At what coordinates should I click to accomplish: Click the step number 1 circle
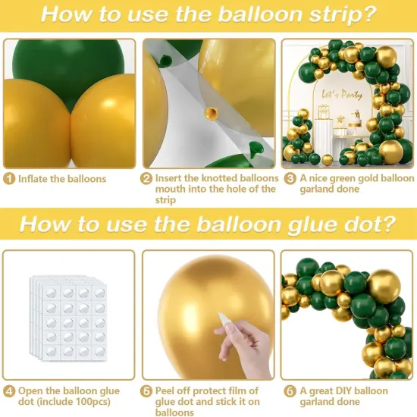point(8,179)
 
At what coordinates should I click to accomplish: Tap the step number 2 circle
point(146,179)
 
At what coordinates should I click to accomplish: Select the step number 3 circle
point(288,179)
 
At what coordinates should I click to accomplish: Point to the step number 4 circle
point(8,391)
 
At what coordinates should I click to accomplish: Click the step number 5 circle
point(146,391)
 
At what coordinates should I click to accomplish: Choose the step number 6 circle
point(288,391)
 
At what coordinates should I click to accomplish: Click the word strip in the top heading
point(331,16)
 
